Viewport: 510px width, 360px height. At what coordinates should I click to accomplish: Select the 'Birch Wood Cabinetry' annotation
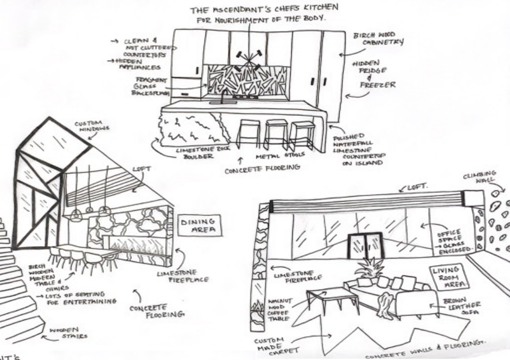point(378,39)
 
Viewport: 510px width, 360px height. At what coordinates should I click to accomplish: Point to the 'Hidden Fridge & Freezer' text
point(374,74)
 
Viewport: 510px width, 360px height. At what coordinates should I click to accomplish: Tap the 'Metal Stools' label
point(280,156)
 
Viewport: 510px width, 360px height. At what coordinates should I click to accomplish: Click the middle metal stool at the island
point(276,135)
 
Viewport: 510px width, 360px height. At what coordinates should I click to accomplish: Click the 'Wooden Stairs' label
point(68,333)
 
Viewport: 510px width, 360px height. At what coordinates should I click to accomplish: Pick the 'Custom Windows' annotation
point(92,126)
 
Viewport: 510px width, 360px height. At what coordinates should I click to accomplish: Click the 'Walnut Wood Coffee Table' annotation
point(279,310)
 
